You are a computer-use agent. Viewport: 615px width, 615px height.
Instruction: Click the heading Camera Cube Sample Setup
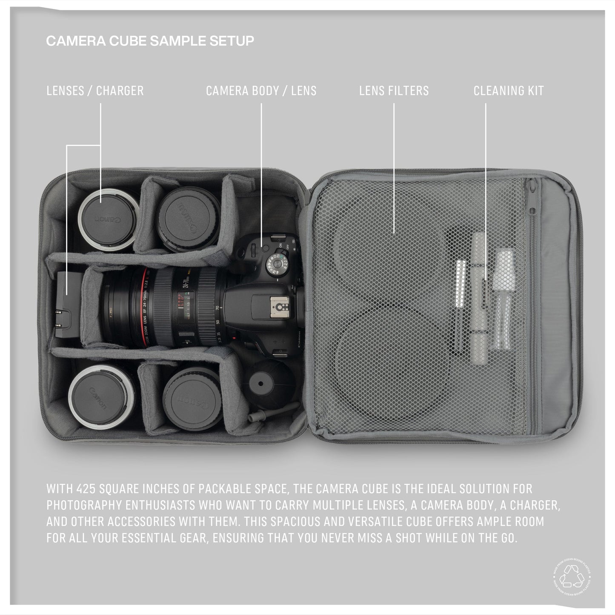pos(150,41)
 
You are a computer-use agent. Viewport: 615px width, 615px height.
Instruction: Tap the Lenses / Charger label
pos(95,91)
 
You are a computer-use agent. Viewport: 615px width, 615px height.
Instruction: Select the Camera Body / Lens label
pos(261,91)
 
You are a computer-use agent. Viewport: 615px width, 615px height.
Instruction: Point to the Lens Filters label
pos(394,91)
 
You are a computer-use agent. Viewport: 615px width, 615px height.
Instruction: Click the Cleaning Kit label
pos(509,91)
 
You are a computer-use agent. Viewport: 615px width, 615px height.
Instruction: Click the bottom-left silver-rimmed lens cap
pos(101,398)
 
